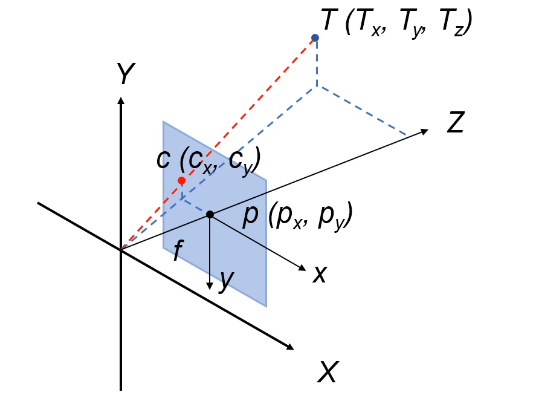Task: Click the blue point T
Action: (315, 38)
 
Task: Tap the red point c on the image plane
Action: (181, 181)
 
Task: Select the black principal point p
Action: (210, 215)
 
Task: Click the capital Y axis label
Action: (125, 75)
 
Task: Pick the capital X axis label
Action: (328, 371)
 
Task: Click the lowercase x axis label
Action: (320, 275)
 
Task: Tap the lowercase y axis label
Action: (226, 279)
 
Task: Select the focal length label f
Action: (177, 250)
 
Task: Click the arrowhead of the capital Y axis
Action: (121, 100)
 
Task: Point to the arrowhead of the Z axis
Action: (425, 131)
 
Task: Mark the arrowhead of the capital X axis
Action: (291, 347)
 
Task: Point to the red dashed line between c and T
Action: (248, 109)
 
